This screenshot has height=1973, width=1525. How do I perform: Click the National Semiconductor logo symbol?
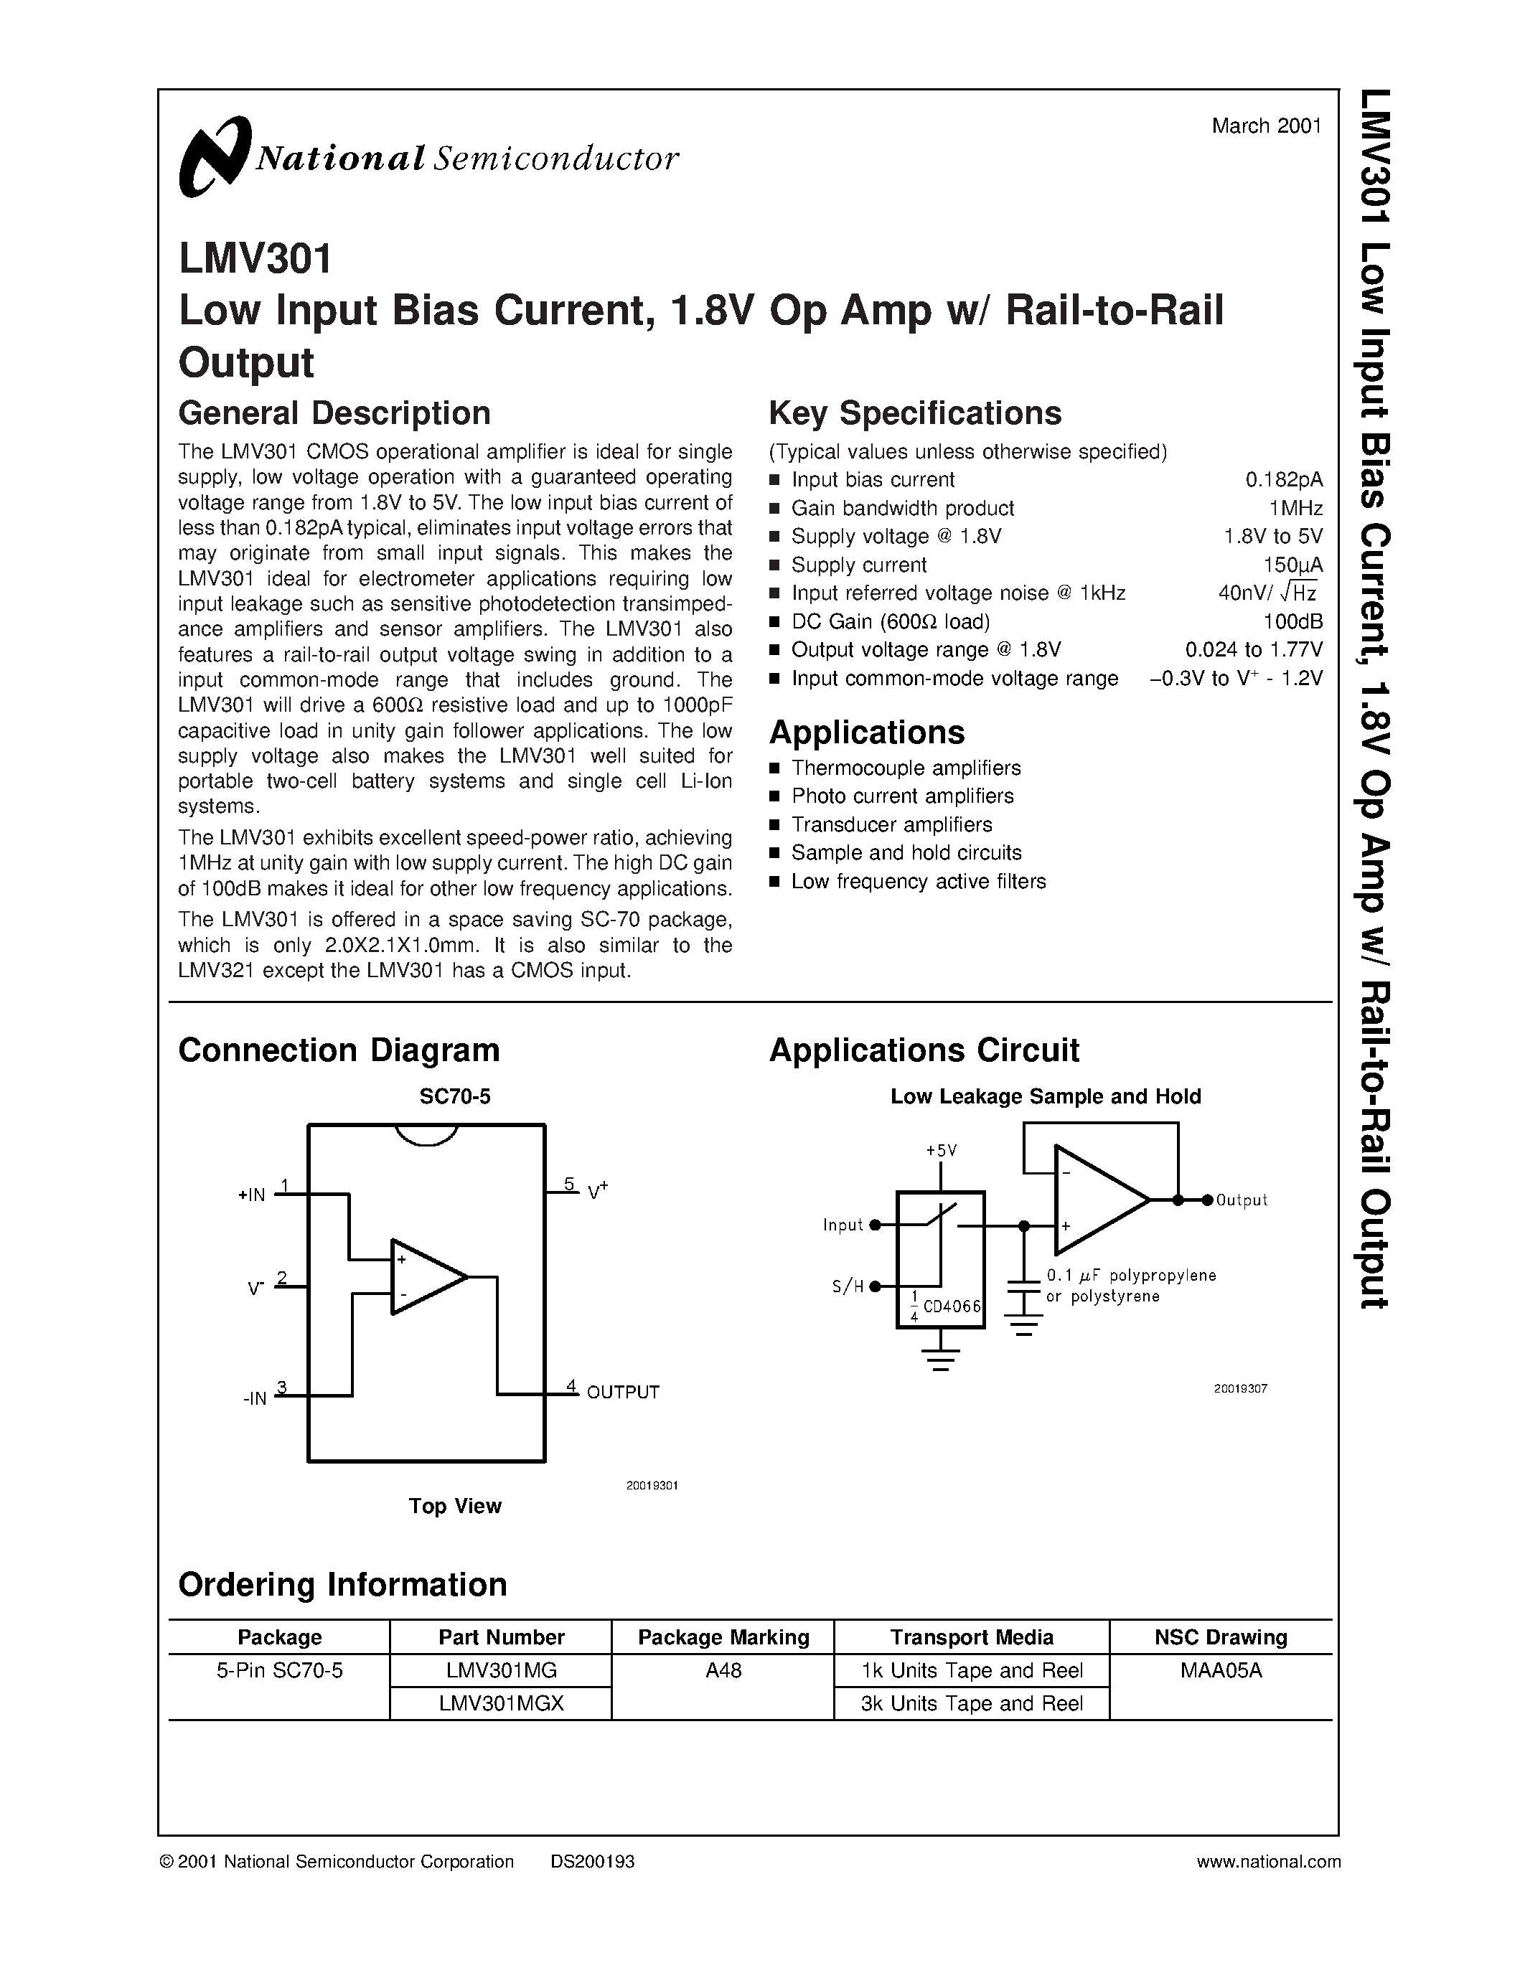[214, 156]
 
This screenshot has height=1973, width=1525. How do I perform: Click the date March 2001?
[1266, 126]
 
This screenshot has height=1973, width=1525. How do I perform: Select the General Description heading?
[334, 413]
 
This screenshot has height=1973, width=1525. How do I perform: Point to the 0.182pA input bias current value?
[1283, 480]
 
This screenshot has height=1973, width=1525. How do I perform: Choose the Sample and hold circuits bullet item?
[906, 853]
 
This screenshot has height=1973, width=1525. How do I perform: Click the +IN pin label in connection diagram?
[252, 1195]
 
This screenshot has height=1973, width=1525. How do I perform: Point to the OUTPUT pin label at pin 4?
[622, 1392]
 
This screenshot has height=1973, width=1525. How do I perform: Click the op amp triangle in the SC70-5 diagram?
[425, 1276]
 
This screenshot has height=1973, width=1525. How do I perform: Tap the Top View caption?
[454, 1506]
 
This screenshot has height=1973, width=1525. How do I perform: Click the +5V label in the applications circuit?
[941, 1151]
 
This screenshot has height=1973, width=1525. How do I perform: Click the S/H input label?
[847, 1286]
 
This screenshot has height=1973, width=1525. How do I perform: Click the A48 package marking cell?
[723, 1670]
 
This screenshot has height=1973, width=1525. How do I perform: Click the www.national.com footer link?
[1267, 1862]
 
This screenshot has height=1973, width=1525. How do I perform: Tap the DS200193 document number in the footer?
[592, 1862]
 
